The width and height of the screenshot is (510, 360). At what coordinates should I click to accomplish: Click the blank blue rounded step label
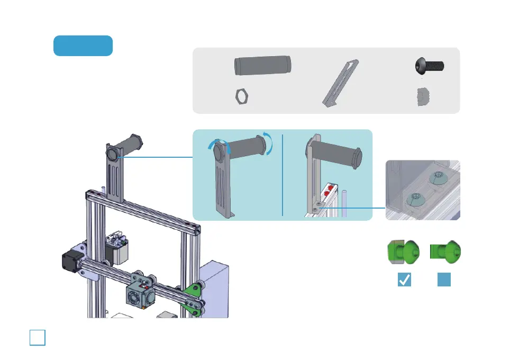83,46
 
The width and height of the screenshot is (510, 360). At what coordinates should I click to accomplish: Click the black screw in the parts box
428,67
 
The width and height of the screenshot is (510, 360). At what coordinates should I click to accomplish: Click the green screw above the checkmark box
404,251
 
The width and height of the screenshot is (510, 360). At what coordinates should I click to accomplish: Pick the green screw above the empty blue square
445,251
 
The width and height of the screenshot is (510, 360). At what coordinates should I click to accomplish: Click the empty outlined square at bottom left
38,337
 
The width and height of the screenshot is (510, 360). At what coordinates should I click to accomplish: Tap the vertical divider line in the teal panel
283,174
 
